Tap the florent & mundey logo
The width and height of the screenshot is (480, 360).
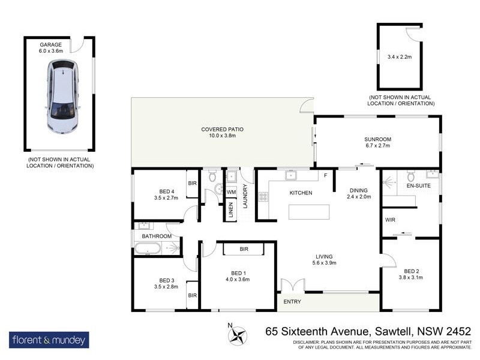49,340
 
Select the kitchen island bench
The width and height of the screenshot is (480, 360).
310,212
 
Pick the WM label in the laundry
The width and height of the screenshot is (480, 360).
231,192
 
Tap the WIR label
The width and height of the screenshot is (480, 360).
391,220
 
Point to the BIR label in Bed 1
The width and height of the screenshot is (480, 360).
244,248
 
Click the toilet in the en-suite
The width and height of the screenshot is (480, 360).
411,178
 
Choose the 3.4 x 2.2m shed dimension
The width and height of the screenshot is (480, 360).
400,58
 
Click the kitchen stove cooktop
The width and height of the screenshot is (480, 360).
263,197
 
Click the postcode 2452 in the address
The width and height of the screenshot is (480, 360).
455,331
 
